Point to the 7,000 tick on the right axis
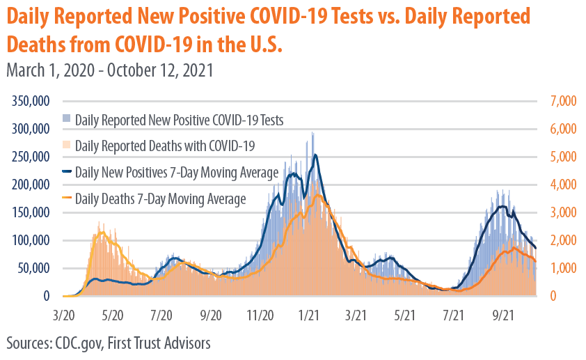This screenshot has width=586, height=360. (563, 101)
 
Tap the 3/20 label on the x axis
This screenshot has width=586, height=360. (63, 315)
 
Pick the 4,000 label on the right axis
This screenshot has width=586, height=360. (563, 185)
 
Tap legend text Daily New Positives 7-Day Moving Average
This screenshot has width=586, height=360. (177, 171)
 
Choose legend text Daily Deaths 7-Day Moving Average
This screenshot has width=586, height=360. (160, 198)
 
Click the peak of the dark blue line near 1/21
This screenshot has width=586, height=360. (315, 155)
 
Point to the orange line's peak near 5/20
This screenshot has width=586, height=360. (102, 233)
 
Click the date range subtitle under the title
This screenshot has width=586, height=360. (109, 70)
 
